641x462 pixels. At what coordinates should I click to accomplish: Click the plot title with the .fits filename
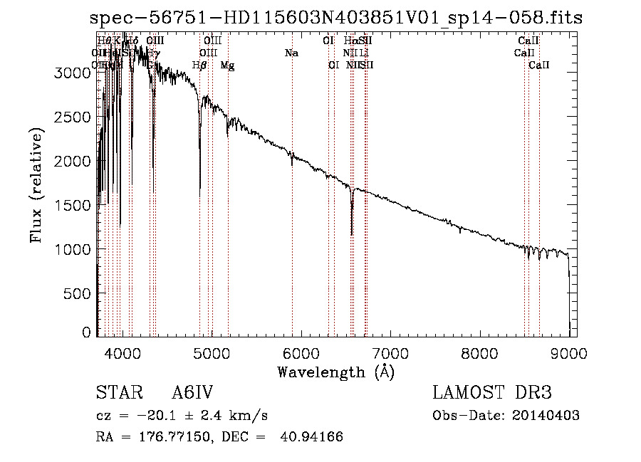(x=336, y=18)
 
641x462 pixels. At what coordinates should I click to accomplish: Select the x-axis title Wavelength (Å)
(x=335, y=372)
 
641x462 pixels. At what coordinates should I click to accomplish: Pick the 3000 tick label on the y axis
(x=74, y=73)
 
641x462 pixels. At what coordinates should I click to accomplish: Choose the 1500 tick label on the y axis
(x=74, y=206)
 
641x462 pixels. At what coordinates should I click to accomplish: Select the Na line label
(x=291, y=53)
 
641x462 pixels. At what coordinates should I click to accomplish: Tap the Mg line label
(x=227, y=65)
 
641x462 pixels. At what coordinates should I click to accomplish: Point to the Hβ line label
(x=199, y=65)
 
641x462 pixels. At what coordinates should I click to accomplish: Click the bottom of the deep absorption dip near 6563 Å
(x=352, y=233)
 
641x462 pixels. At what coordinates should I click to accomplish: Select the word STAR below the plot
(x=115, y=394)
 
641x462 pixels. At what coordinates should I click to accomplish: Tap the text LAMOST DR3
(x=492, y=394)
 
